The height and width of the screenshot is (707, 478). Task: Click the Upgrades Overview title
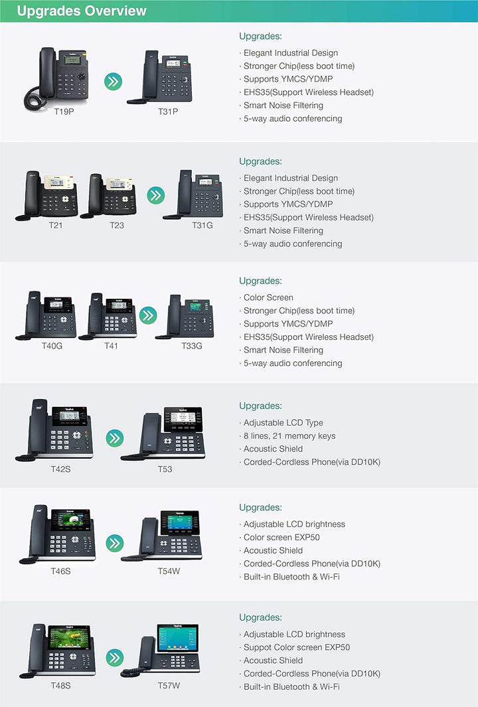[82, 11]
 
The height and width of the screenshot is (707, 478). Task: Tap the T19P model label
[64, 112]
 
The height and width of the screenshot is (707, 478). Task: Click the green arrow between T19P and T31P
[114, 82]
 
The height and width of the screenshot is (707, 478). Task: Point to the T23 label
[117, 225]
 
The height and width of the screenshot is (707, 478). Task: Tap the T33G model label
[192, 346]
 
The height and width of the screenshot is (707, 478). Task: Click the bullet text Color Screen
[268, 297]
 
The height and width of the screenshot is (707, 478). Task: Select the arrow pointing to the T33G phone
[148, 315]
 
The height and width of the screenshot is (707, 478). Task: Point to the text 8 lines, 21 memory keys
[289, 436]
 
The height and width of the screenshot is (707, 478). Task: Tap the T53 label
[165, 469]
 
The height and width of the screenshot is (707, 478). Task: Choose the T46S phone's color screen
[71, 520]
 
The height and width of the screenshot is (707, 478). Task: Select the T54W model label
[169, 571]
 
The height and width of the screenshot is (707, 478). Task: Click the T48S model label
[60, 686]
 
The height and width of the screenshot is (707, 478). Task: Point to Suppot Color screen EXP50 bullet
[296, 647]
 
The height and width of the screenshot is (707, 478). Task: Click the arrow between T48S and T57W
[114, 657]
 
